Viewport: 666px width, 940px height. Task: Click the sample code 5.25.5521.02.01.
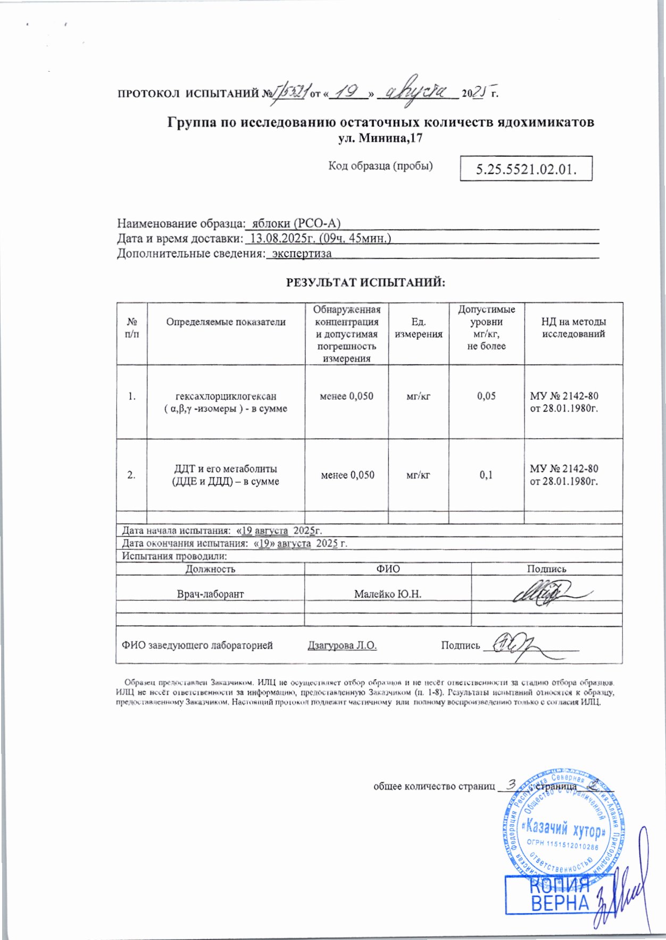(x=526, y=170)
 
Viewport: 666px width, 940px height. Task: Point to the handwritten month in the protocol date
(x=421, y=93)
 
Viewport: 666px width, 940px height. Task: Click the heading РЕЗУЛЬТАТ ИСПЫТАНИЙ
(x=365, y=282)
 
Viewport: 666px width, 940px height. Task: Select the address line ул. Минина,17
(x=380, y=139)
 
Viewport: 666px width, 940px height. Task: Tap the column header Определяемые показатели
(x=226, y=322)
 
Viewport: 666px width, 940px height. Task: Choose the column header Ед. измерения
(x=419, y=328)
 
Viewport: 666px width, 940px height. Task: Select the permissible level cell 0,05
(x=486, y=396)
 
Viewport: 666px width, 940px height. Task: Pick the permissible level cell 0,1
(x=486, y=475)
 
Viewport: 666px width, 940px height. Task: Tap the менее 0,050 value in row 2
(x=347, y=475)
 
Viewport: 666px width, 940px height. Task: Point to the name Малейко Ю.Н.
(x=388, y=594)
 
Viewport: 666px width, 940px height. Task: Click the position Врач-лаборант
(x=210, y=594)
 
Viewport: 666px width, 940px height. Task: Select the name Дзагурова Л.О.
(x=342, y=645)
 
